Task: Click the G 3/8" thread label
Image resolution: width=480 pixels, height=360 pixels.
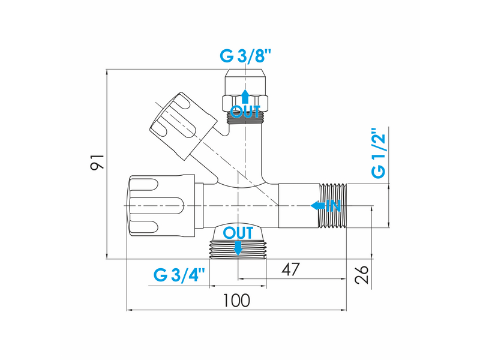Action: [x=245, y=56]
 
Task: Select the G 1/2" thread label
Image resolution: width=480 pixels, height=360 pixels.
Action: [x=379, y=153]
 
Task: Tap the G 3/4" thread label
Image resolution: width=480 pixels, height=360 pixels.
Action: [x=179, y=274]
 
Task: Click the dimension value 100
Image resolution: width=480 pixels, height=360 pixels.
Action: [x=236, y=301]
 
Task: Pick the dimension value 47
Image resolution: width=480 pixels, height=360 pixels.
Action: [x=290, y=269]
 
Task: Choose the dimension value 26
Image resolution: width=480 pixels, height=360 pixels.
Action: [x=362, y=275]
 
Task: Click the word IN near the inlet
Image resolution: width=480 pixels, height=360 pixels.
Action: [x=333, y=206]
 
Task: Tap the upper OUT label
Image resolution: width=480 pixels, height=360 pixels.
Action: [x=245, y=112]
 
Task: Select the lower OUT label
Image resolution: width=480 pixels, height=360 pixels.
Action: [x=238, y=233]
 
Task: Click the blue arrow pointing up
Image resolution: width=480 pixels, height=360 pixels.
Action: [x=245, y=96]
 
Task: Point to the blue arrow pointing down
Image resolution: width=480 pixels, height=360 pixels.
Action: [x=238, y=248]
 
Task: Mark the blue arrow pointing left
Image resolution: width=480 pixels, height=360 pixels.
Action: [x=318, y=206]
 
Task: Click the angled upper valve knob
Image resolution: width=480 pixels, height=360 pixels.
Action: [x=183, y=125]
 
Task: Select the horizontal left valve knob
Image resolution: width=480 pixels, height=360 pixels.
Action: [x=161, y=205]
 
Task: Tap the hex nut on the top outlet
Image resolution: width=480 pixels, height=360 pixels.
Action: [x=245, y=103]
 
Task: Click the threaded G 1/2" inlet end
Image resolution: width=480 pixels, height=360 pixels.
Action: [x=333, y=206]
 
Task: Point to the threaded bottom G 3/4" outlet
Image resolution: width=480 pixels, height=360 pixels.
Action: [x=238, y=250]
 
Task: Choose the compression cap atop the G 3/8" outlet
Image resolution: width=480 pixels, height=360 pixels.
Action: [x=245, y=82]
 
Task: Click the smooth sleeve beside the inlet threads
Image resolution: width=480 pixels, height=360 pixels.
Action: [x=299, y=206]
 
